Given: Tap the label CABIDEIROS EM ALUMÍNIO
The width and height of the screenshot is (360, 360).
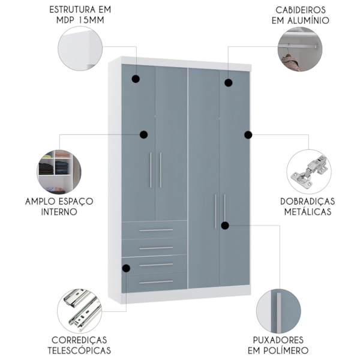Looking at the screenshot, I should click(302, 15).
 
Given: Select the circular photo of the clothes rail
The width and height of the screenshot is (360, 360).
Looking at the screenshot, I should click(299, 49).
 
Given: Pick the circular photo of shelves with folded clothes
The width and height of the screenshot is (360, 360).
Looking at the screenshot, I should click(58, 171).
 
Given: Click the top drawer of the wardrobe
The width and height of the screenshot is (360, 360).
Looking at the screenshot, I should click(155, 229).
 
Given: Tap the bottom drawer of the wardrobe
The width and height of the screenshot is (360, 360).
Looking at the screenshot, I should click(155, 281).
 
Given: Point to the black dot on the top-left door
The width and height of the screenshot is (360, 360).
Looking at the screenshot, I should click(136, 79).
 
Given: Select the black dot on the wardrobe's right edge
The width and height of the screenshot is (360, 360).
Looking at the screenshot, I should click(248, 135).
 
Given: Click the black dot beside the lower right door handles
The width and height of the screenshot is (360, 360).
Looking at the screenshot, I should click(224, 226).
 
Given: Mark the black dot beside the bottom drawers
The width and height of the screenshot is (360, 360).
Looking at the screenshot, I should click(126, 268).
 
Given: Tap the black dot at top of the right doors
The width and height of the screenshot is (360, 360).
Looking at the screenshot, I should click(228, 82).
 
